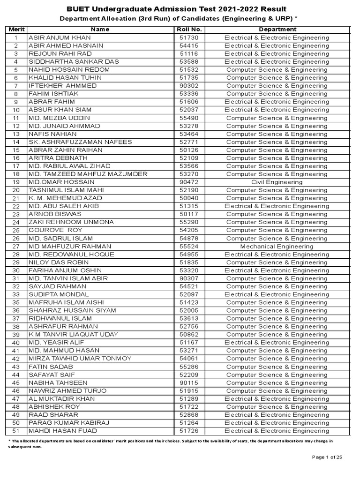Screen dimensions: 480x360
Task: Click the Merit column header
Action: coord(15,30)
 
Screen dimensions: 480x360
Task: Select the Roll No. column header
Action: coord(187,30)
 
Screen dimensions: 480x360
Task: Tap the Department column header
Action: coord(277,30)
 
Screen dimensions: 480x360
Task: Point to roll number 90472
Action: coord(187,182)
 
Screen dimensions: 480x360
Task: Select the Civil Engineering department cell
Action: coord(277,182)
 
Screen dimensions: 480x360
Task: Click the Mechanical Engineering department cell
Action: coord(277,246)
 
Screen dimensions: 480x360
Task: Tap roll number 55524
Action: coord(187,246)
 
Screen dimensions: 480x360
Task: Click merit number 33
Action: coord(16,294)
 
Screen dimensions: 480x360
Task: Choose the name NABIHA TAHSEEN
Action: coord(58,382)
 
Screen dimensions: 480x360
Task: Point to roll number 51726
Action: coord(187,431)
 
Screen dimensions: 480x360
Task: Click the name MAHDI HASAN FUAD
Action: coord(62,431)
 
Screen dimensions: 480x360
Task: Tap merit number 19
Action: coord(16,182)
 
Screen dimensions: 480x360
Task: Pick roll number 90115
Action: coord(187,382)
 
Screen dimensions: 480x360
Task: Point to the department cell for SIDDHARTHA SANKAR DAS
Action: coord(277,61)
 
